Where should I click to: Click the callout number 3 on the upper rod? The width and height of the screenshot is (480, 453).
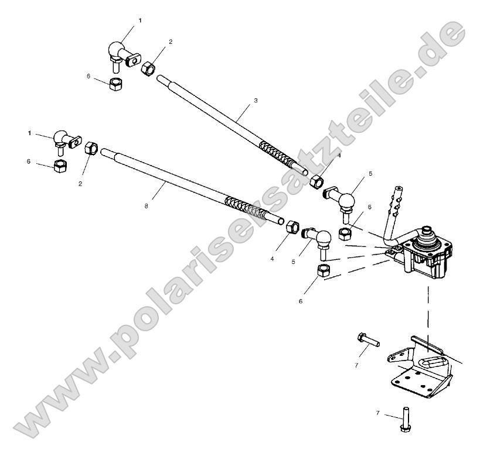coord(256,101)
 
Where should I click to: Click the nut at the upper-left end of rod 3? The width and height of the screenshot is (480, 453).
coord(149,68)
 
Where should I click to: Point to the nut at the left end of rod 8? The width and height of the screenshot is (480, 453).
coord(91,149)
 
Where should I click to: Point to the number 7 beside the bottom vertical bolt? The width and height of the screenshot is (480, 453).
coord(378,413)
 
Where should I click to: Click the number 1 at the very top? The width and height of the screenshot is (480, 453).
coord(140,20)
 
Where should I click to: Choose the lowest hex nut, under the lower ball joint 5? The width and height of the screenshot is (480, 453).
coord(323,270)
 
